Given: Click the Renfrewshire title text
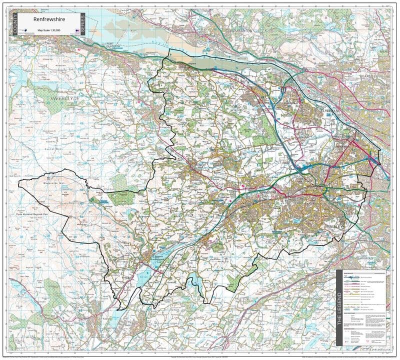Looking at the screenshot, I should coord(48,20).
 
